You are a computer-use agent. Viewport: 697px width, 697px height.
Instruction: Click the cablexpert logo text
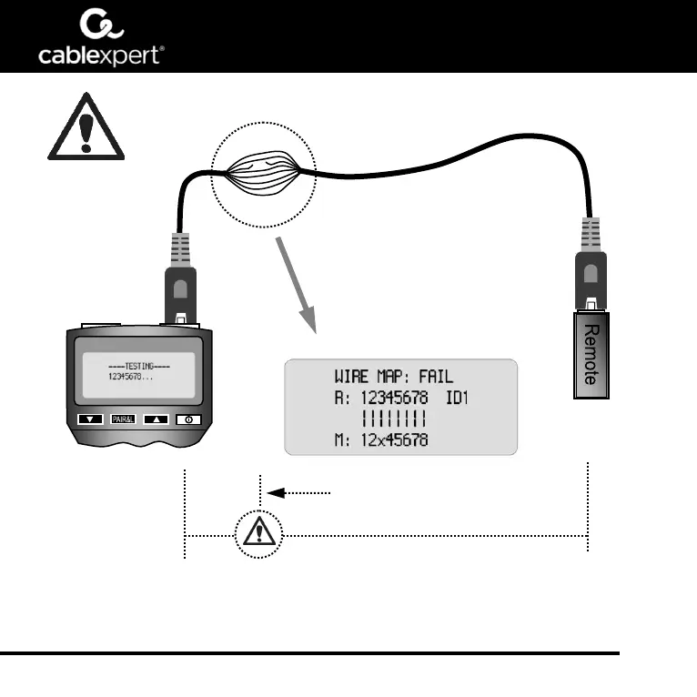click(x=100, y=56)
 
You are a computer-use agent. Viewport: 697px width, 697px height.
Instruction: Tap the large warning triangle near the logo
click(x=85, y=126)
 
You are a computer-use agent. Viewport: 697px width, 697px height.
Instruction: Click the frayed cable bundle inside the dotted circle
click(x=263, y=172)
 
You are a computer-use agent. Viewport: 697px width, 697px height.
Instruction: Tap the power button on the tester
click(x=187, y=419)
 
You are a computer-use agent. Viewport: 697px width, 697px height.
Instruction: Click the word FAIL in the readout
click(x=435, y=376)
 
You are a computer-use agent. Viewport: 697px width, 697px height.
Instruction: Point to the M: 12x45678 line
click(x=383, y=440)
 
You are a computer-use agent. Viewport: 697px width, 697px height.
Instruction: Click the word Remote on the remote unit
click(x=591, y=355)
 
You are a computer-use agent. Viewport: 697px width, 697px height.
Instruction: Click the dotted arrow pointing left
click(x=300, y=492)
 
